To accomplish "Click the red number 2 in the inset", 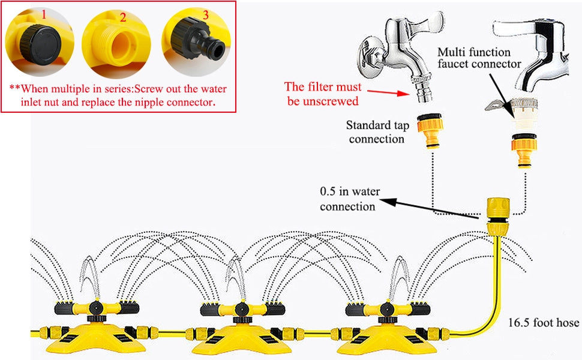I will pyautogui.click(x=122, y=17).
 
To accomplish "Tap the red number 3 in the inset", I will pyautogui.click(x=205, y=15).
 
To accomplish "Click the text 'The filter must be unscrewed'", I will pyautogui.click(x=322, y=94).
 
